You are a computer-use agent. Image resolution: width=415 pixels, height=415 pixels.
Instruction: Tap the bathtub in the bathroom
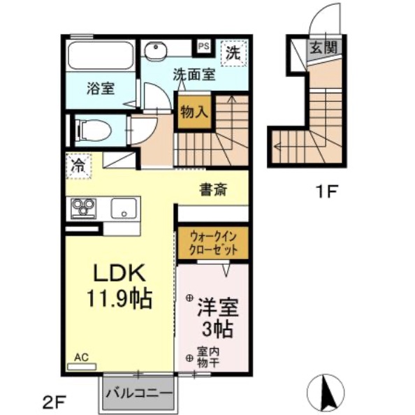pos(101,55)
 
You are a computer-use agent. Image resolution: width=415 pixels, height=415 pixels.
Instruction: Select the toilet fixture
pos(92,129)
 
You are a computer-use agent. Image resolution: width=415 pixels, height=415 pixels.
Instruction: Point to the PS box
pos(204,46)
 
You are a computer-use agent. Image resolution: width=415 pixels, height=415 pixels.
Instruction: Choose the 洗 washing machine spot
pos(233,52)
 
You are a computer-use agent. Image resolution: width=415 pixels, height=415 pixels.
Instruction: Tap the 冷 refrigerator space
pos(78,166)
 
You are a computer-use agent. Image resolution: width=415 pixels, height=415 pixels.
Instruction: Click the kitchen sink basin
pos(123,207)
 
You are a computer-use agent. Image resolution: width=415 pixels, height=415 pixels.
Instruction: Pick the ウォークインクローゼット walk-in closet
pos(212,242)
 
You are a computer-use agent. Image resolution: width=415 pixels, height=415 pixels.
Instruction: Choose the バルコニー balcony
pos(138,393)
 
